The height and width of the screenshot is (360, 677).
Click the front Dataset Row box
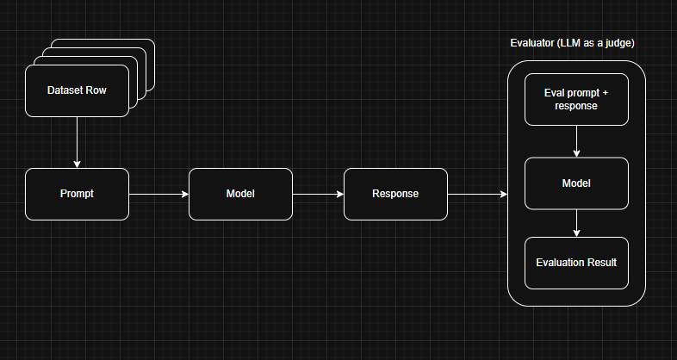pos(77,90)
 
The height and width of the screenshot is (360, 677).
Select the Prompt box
pos(77,194)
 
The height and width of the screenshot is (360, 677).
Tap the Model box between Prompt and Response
pos(240,194)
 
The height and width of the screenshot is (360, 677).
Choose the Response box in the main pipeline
pos(395,194)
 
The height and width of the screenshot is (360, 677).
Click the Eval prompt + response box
pos(576,99)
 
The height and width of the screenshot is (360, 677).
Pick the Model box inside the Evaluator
pos(576,183)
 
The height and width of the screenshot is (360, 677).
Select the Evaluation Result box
pos(576,263)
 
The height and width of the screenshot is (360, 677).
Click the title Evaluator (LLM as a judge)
pos(576,43)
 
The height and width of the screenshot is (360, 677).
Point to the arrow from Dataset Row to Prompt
pos(77,142)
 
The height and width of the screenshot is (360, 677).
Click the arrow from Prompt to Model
pos(158,195)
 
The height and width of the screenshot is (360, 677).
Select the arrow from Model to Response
pos(318,195)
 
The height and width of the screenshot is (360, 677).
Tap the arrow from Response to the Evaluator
pos(477,195)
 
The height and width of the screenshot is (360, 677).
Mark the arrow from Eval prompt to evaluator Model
pos(576,141)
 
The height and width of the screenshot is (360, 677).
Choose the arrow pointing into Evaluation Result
pos(576,223)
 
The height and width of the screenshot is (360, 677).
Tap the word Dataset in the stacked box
pos(65,90)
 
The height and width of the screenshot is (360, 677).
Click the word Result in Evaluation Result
pos(600,263)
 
